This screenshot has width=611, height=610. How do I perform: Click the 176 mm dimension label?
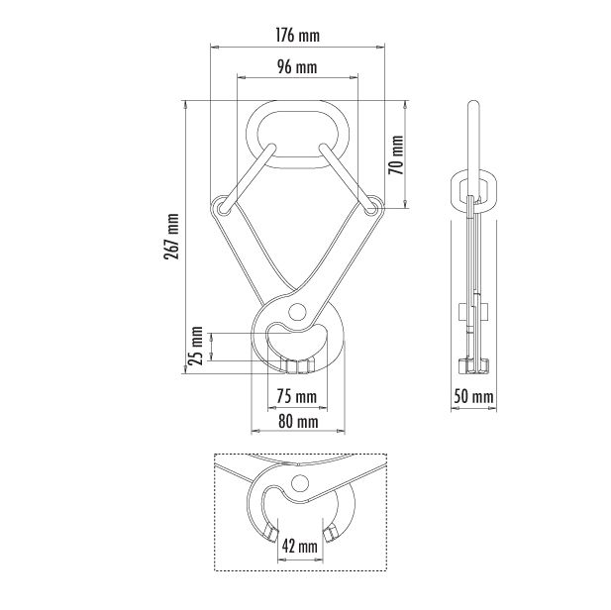click(x=297, y=36)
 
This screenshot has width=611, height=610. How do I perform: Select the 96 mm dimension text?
click(x=297, y=67)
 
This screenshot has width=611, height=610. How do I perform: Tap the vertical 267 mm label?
click(x=172, y=237)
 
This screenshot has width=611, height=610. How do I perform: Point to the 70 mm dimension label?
click(x=396, y=154)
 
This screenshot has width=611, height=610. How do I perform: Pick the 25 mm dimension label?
click(x=196, y=346)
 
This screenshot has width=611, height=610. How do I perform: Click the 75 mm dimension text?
click(x=297, y=397)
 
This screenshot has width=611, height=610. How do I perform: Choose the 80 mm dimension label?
click(x=298, y=421)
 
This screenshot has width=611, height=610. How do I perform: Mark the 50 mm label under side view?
click(x=473, y=397)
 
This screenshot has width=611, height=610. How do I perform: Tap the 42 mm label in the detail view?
click(x=300, y=547)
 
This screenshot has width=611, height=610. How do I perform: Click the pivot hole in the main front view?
click(x=297, y=312)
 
